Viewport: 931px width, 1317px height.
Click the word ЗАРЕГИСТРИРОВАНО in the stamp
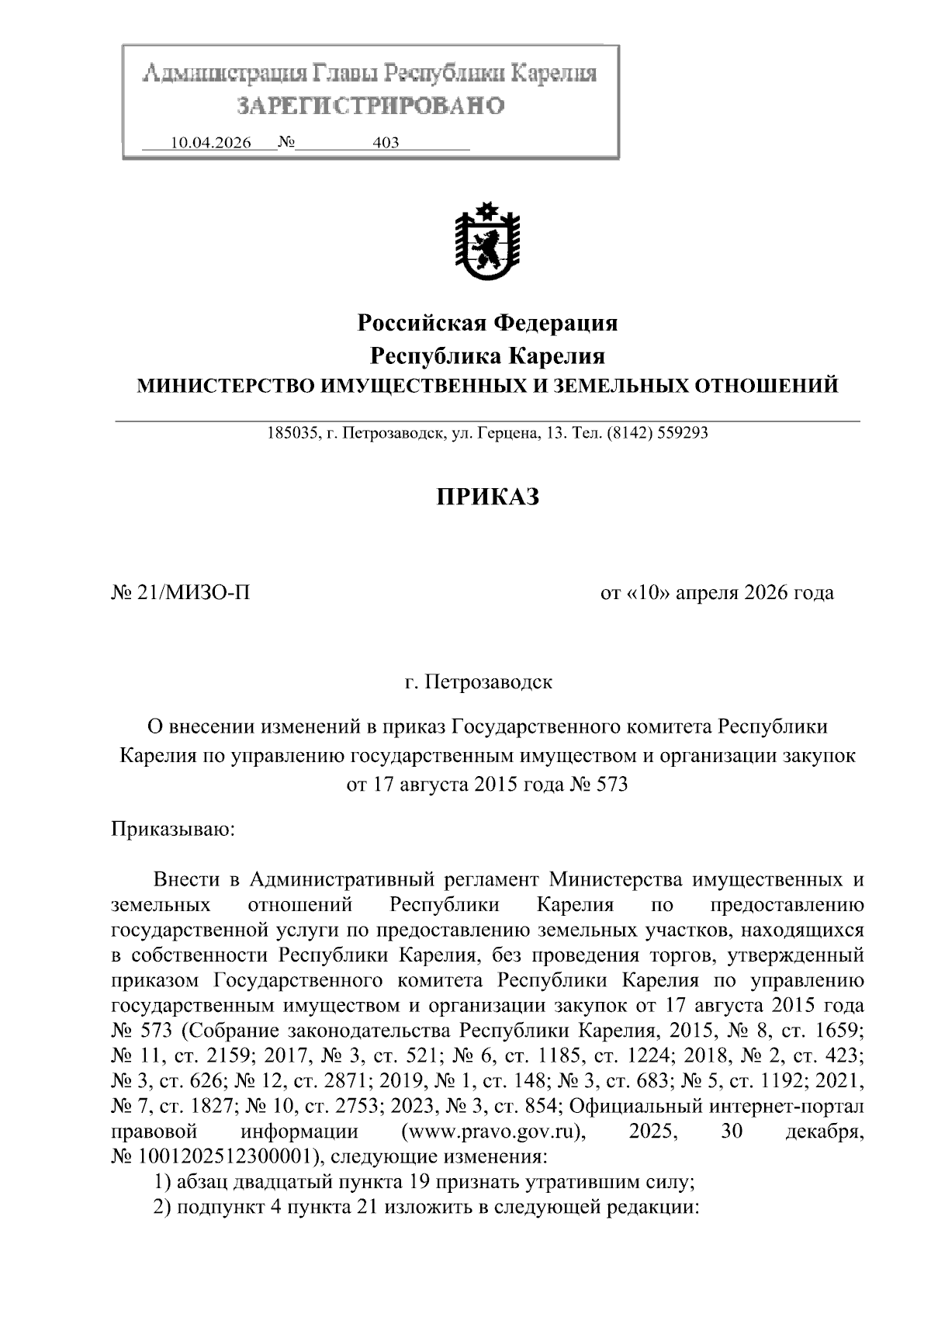click(x=370, y=106)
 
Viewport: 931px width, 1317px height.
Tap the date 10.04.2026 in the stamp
click(x=210, y=143)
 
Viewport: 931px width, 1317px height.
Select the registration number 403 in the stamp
click(x=386, y=143)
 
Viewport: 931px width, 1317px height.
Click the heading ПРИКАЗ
click(x=486, y=497)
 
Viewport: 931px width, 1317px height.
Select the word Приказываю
click(x=173, y=830)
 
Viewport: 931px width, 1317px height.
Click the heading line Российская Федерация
click(x=487, y=322)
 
